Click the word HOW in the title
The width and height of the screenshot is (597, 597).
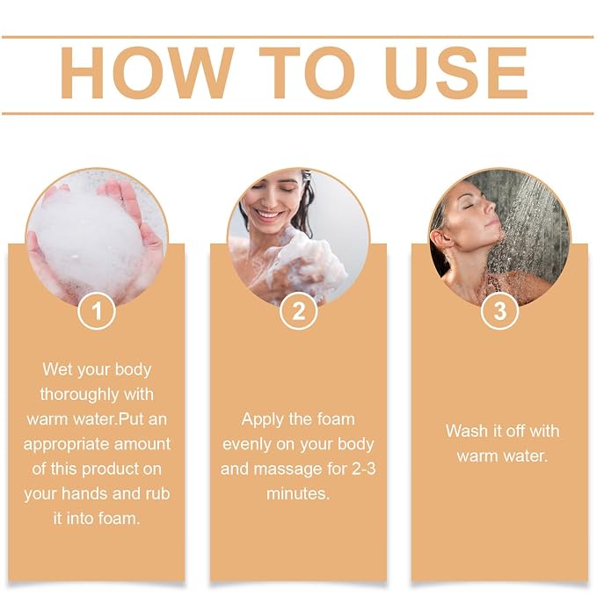(147, 73)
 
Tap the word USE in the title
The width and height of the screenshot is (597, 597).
(455, 73)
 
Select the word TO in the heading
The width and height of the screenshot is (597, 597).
(307, 73)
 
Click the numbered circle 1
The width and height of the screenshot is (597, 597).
(97, 310)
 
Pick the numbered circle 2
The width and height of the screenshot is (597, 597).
(299, 310)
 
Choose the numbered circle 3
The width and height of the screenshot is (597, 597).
(500, 310)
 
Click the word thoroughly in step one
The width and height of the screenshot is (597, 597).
(76, 395)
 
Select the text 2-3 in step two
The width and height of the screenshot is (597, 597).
(363, 470)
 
